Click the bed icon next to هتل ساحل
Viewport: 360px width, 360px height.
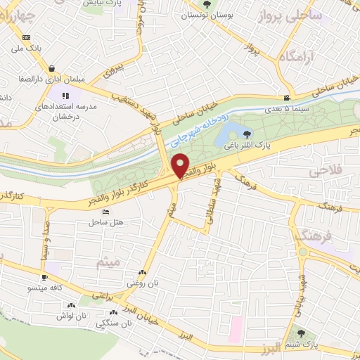click(x=105, y=213)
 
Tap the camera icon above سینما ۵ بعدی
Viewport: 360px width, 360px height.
click(x=286, y=98)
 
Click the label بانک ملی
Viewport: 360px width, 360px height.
click(x=25, y=49)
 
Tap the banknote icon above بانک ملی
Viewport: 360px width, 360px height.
click(x=26, y=38)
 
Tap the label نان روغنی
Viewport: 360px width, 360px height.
click(x=140, y=283)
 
